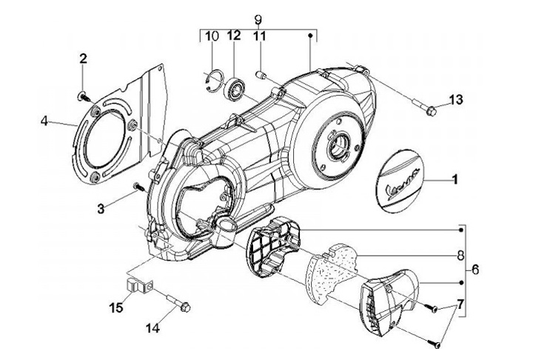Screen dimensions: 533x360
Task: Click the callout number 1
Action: coord(454,180)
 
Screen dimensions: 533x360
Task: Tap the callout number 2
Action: coord(83,59)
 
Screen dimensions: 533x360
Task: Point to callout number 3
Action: coord(101,209)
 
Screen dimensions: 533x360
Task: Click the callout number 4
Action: coord(44,121)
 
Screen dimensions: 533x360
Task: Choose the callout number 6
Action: coord(475,270)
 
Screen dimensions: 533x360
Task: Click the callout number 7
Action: coord(460,304)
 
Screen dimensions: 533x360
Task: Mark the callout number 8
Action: coord(460,256)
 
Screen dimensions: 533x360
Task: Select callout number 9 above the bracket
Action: coord(258,20)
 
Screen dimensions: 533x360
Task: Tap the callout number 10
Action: coord(212,36)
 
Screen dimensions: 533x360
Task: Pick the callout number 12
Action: coord(234,36)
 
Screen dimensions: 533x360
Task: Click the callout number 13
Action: coord(456,100)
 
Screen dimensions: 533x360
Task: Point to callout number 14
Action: coord(152,328)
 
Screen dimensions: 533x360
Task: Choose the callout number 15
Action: coord(116,308)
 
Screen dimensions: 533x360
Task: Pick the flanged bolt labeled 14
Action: coord(179,303)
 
